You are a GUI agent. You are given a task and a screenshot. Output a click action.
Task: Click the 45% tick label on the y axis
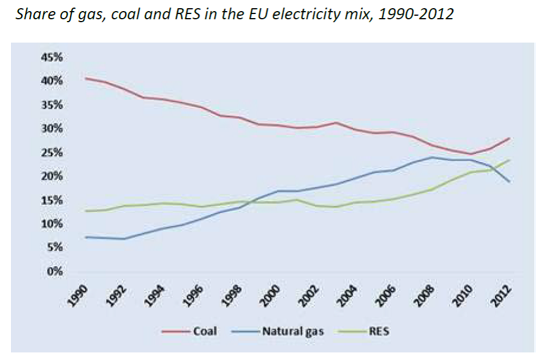[51, 57]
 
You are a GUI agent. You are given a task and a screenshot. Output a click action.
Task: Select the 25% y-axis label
[51, 153]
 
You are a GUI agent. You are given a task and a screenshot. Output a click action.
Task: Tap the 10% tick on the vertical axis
[51, 224]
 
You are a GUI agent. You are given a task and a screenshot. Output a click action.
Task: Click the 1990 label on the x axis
[76, 294]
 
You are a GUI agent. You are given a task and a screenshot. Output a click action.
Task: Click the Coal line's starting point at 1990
[85, 78]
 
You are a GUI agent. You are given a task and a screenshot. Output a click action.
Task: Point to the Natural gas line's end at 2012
[510, 182]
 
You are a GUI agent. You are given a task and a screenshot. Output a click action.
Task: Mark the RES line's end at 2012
[510, 160]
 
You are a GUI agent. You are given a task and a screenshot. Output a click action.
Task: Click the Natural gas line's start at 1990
[85, 237]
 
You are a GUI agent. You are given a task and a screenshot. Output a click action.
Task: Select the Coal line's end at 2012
[510, 138]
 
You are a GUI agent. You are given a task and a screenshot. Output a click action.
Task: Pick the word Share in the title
[32, 13]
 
